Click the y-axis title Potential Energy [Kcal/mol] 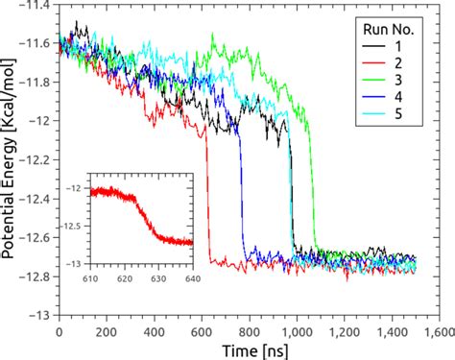click(11, 158)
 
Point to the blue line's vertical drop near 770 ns click(241, 192)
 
